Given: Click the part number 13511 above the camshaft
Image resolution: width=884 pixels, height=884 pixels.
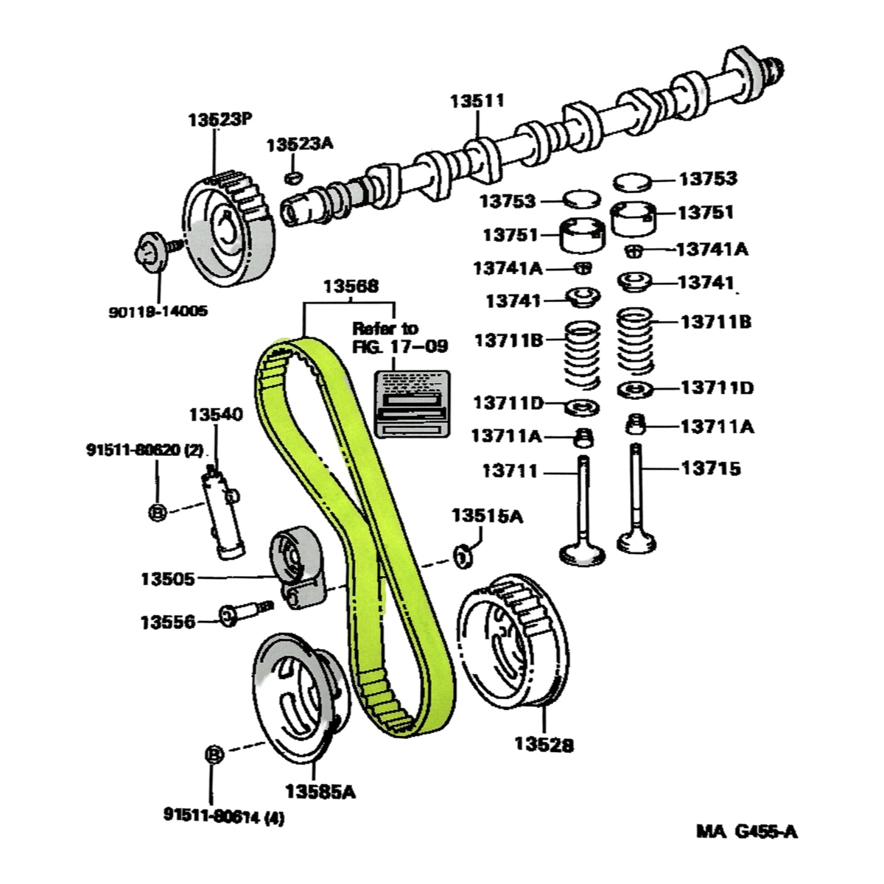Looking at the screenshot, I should pyautogui.click(x=477, y=101).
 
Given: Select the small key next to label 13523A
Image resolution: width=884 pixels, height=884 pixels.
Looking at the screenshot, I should pyautogui.click(x=293, y=177).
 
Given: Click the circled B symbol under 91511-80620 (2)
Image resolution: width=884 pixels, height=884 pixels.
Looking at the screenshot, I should pyautogui.click(x=156, y=512).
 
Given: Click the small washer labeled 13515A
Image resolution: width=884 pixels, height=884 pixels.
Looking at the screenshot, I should pyautogui.click(x=463, y=556).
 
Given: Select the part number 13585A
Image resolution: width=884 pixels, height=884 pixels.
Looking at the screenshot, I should pyautogui.click(x=320, y=791).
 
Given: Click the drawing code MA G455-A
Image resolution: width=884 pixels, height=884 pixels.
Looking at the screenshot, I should pyautogui.click(x=746, y=832).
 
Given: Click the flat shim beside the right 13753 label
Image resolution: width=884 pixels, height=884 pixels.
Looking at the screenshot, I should pyautogui.click(x=632, y=181).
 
